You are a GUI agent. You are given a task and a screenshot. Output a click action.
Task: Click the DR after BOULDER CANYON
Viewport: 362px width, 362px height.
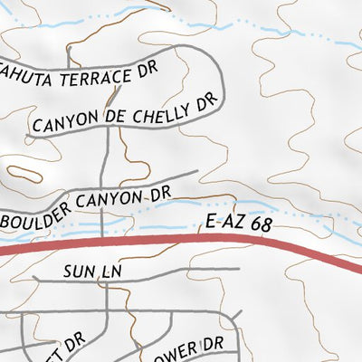pos(160,193)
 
